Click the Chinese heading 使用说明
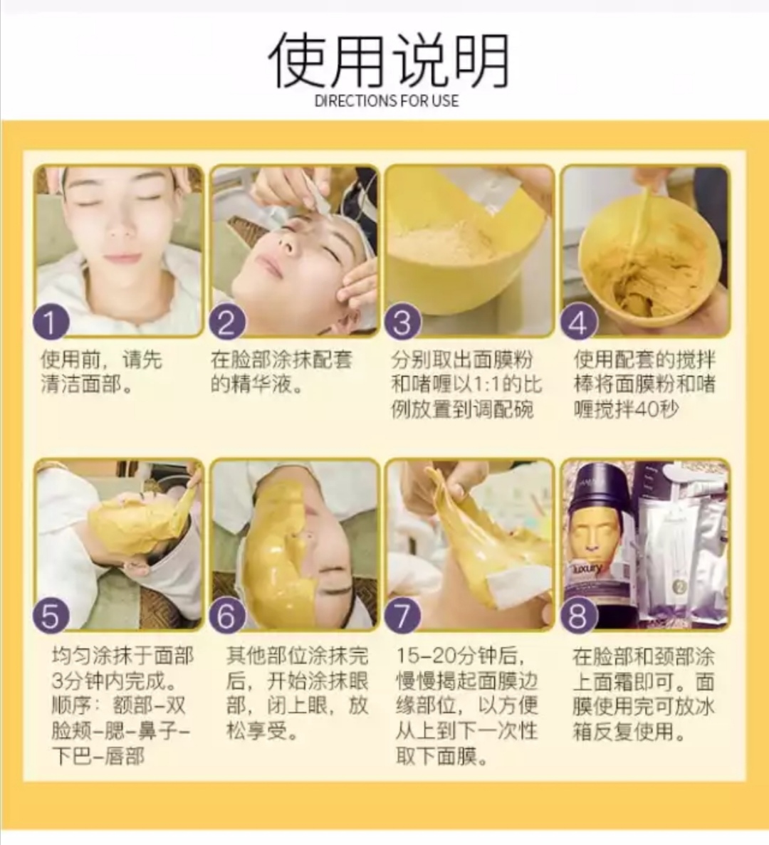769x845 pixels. [x=388, y=60]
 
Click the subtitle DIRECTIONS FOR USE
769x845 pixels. [x=387, y=101]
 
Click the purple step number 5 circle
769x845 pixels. [x=51, y=614]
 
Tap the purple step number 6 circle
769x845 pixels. [x=226, y=614]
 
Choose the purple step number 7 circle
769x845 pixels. [x=402, y=614]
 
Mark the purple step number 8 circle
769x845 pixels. [x=578, y=614]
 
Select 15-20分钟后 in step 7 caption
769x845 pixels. [x=460, y=656]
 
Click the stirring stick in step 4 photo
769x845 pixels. [x=641, y=214]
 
